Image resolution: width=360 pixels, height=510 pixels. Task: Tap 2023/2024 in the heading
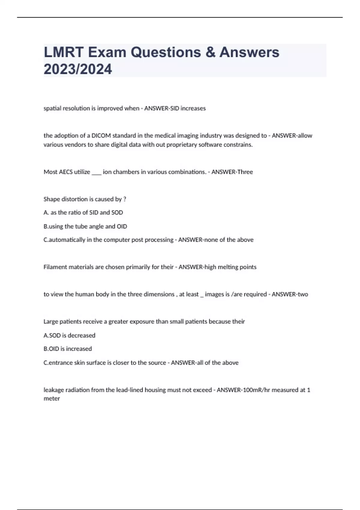pyautogui.click(x=78, y=69)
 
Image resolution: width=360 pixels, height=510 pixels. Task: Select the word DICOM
pyautogui.click(x=101, y=136)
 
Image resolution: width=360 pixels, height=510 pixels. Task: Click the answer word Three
pyautogui.click(x=245, y=172)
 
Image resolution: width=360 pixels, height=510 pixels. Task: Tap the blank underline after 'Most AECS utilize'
pyautogui.click(x=96, y=173)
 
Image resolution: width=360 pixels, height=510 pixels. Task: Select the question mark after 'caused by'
pyautogui.click(x=124, y=199)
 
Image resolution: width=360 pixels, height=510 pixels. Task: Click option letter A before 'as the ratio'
pyautogui.click(x=46, y=212)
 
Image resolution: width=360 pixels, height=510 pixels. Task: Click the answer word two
pyautogui.click(x=303, y=294)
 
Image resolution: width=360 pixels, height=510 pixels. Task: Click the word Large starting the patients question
pyautogui.click(x=51, y=322)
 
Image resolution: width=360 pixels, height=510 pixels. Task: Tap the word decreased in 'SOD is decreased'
pyautogui.click(x=82, y=335)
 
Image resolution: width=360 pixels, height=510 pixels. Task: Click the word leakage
pyautogui.click(x=54, y=390)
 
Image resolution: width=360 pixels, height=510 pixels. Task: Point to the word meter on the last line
pyautogui.click(x=52, y=399)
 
